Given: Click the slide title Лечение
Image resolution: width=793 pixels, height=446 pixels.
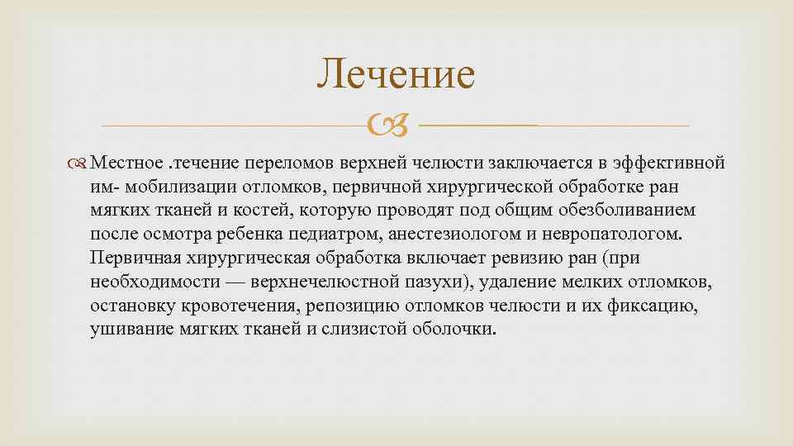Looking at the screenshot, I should coord(396,74).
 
